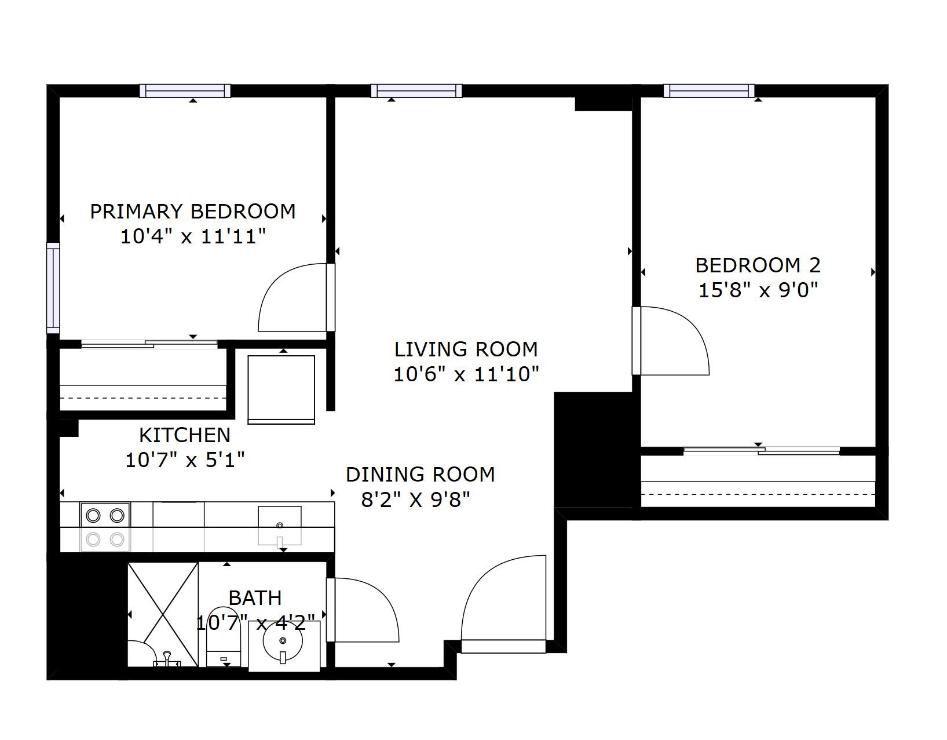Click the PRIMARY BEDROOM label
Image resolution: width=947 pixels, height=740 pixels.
point(193,212)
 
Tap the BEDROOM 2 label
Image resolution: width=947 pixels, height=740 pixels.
point(758,265)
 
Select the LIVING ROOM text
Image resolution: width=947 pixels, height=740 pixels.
point(466,349)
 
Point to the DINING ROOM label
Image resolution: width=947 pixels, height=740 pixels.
point(420,474)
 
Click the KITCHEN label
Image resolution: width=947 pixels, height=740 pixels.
point(185,435)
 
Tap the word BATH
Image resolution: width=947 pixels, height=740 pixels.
point(255,598)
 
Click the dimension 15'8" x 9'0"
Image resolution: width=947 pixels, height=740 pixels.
point(758,290)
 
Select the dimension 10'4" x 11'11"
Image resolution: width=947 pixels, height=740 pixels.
point(193,236)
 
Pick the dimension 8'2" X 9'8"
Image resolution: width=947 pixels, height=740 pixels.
point(416,500)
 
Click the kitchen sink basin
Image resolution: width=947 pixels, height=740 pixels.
point(279,526)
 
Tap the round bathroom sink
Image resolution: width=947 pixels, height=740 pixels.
point(283,641)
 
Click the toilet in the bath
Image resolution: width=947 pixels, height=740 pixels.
point(223,636)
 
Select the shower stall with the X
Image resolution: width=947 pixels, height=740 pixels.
point(163,614)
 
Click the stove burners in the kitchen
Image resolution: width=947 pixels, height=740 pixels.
point(105,527)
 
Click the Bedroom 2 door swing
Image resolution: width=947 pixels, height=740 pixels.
point(671,340)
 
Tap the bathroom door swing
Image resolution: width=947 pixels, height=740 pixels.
point(363,610)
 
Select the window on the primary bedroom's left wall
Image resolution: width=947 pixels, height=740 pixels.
point(53,287)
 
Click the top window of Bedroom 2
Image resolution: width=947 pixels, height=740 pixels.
point(709,90)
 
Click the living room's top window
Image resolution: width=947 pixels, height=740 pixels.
point(416,90)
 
